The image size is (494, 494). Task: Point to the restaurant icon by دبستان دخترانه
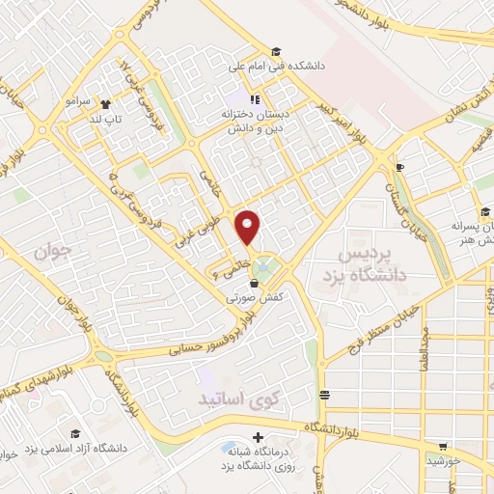[x=256, y=98]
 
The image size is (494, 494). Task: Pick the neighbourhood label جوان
[x=54, y=254]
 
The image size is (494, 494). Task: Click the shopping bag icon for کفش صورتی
[x=254, y=284]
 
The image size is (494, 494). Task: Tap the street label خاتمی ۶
[x=224, y=262]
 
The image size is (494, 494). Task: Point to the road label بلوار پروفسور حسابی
[x=220, y=343]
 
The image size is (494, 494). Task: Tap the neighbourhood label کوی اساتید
[x=229, y=398]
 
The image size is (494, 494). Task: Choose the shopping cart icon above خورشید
[x=443, y=447]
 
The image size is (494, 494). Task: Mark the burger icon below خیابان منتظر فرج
[x=324, y=394]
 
